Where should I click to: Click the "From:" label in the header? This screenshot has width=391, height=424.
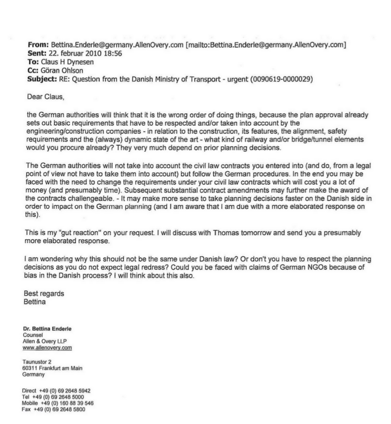[x=36, y=44]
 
